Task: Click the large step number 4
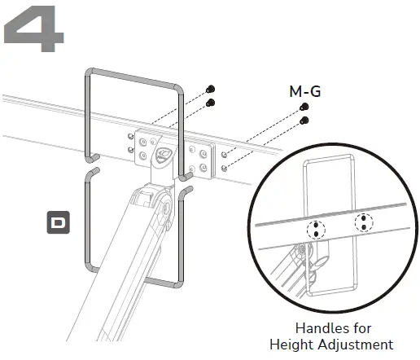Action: (x=35, y=30)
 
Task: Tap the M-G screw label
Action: (x=305, y=91)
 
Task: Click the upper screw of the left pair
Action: (x=210, y=89)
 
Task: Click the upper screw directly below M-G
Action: (x=304, y=108)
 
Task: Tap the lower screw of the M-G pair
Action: (x=304, y=121)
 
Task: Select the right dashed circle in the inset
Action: (x=363, y=222)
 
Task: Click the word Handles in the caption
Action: (x=313, y=329)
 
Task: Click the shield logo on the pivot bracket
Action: (x=166, y=152)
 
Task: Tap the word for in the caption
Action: (x=359, y=329)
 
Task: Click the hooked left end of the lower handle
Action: (x=94, y=171)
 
